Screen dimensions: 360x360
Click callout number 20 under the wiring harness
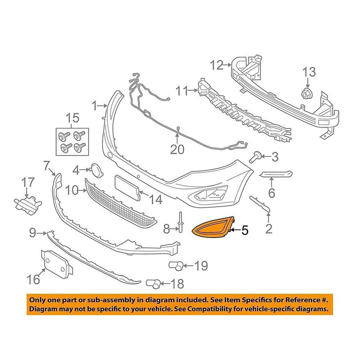coord(178,149)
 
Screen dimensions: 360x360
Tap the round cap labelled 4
coord(96,170)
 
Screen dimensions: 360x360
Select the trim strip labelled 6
coord(276,174)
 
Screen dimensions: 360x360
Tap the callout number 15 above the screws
coord(73,118)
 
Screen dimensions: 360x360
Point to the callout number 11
coord(182,92)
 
